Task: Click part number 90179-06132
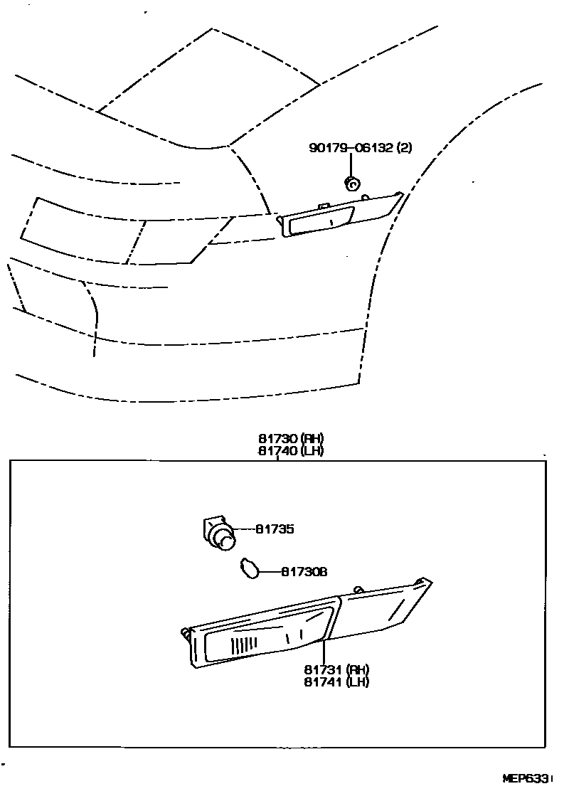point(351,148)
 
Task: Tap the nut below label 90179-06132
point(350,183)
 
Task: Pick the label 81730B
point(304,571)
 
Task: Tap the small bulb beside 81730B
point(250,569)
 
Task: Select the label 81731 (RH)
point(336,669)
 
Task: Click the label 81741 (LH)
point(336,681)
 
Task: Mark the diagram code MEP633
point(526,779)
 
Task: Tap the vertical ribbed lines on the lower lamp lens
point(243,644)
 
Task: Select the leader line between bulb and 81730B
point(269,571)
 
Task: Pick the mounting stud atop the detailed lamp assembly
point(358,589)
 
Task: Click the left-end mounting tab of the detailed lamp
point(186,632)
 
